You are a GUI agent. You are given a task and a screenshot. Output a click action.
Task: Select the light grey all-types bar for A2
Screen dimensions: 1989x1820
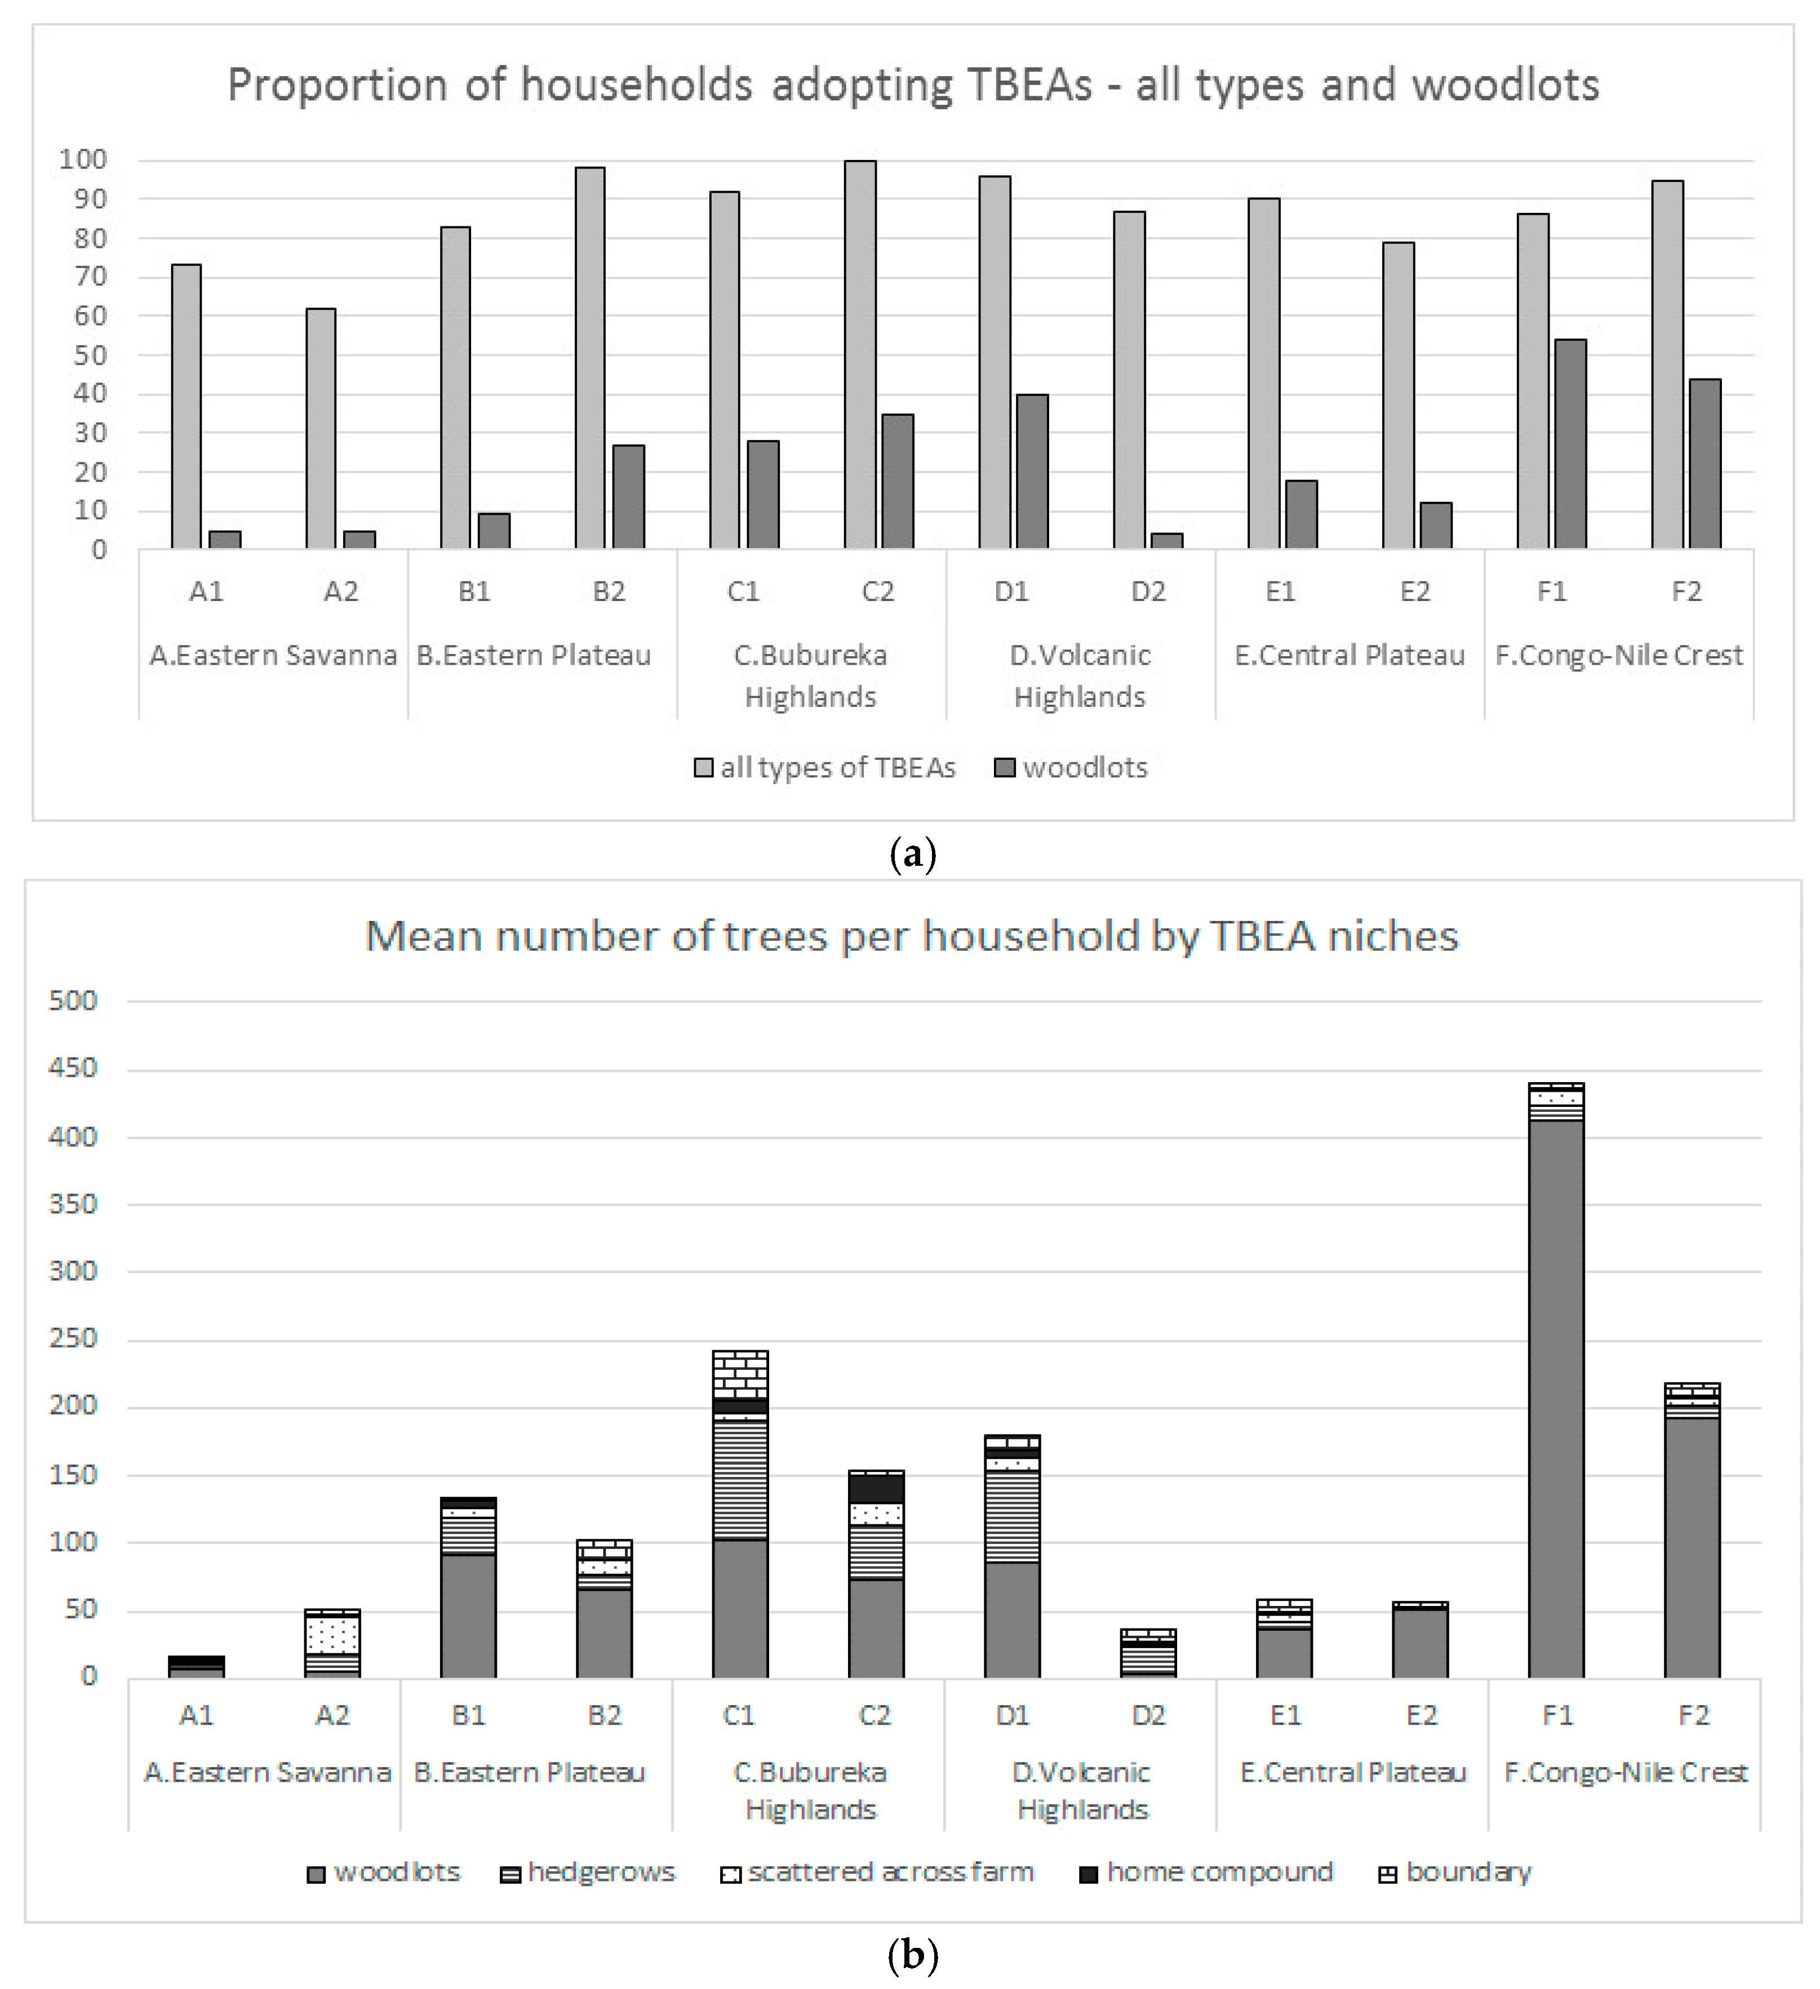coord(321,429)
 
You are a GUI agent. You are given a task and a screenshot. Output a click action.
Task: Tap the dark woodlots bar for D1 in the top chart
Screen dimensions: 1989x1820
coord(1032,471)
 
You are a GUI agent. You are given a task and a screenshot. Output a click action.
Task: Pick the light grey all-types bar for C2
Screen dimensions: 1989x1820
coord(860,355)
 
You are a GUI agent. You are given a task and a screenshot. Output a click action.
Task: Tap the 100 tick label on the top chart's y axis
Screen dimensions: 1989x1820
coord(83,160)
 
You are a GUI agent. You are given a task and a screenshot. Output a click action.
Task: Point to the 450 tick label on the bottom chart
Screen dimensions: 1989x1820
coord(73,1069)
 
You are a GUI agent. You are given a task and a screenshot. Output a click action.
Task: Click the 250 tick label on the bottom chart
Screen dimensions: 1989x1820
coord(73,1339)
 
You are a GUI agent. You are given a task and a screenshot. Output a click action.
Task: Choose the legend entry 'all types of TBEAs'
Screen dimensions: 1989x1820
coord(825,768)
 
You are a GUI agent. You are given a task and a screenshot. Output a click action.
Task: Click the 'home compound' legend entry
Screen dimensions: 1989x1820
coord(1206,1872)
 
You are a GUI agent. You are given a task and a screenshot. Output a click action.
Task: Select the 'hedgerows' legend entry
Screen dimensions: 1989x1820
coord(588,1872)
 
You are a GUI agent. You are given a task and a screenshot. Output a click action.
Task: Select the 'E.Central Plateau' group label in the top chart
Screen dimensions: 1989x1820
coord(1349,655)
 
